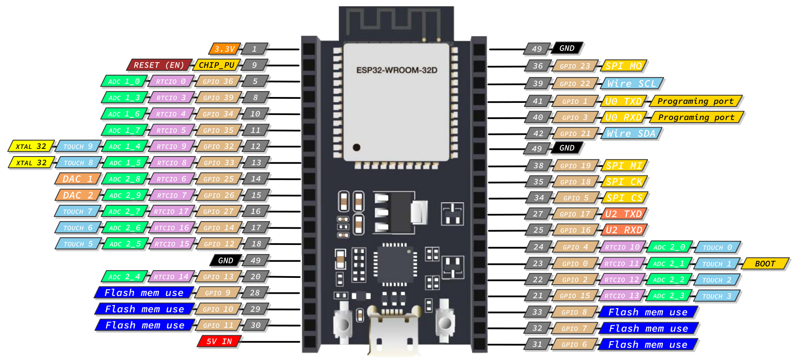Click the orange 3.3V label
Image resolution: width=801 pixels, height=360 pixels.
[x=224, y=49]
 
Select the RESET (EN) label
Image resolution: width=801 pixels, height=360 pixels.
[x=159, y=65]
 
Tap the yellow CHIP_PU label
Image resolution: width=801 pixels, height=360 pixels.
[x=217, y=65]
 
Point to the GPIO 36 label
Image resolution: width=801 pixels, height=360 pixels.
[x=218, y=81]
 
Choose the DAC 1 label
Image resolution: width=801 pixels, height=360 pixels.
[x=77, y=179]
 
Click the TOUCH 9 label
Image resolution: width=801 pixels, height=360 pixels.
[x=78, y=147]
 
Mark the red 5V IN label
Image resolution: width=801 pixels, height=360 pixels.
[x=219, y=342]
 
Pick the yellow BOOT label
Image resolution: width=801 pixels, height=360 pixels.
[x=765, y=263]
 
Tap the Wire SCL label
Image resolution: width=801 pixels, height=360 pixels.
[x=631, y=83]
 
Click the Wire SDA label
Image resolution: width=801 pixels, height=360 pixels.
[x=631, y=134]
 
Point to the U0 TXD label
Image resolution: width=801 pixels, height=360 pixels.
[x=623, y=102]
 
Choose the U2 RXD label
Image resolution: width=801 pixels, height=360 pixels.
[x=624, y=230]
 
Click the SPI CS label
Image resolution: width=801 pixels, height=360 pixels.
[x=624, y=198]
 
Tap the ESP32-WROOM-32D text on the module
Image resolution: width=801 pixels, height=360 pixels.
[x=397, y=70]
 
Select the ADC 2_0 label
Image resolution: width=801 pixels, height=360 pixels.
[x=669, y=247]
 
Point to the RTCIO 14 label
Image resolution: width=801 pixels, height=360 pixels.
[x=171, y=277]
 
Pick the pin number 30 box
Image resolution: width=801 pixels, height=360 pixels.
[x=255, y=325]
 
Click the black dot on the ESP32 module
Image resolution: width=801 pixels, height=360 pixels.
[x=357, y=147]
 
